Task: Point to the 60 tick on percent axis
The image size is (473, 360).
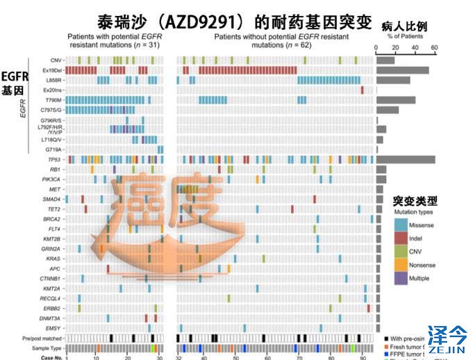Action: click(x=434, y=49)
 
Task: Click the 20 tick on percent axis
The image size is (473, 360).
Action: click(x=395, y=49)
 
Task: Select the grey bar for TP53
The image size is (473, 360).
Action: click(x=405, y=160)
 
